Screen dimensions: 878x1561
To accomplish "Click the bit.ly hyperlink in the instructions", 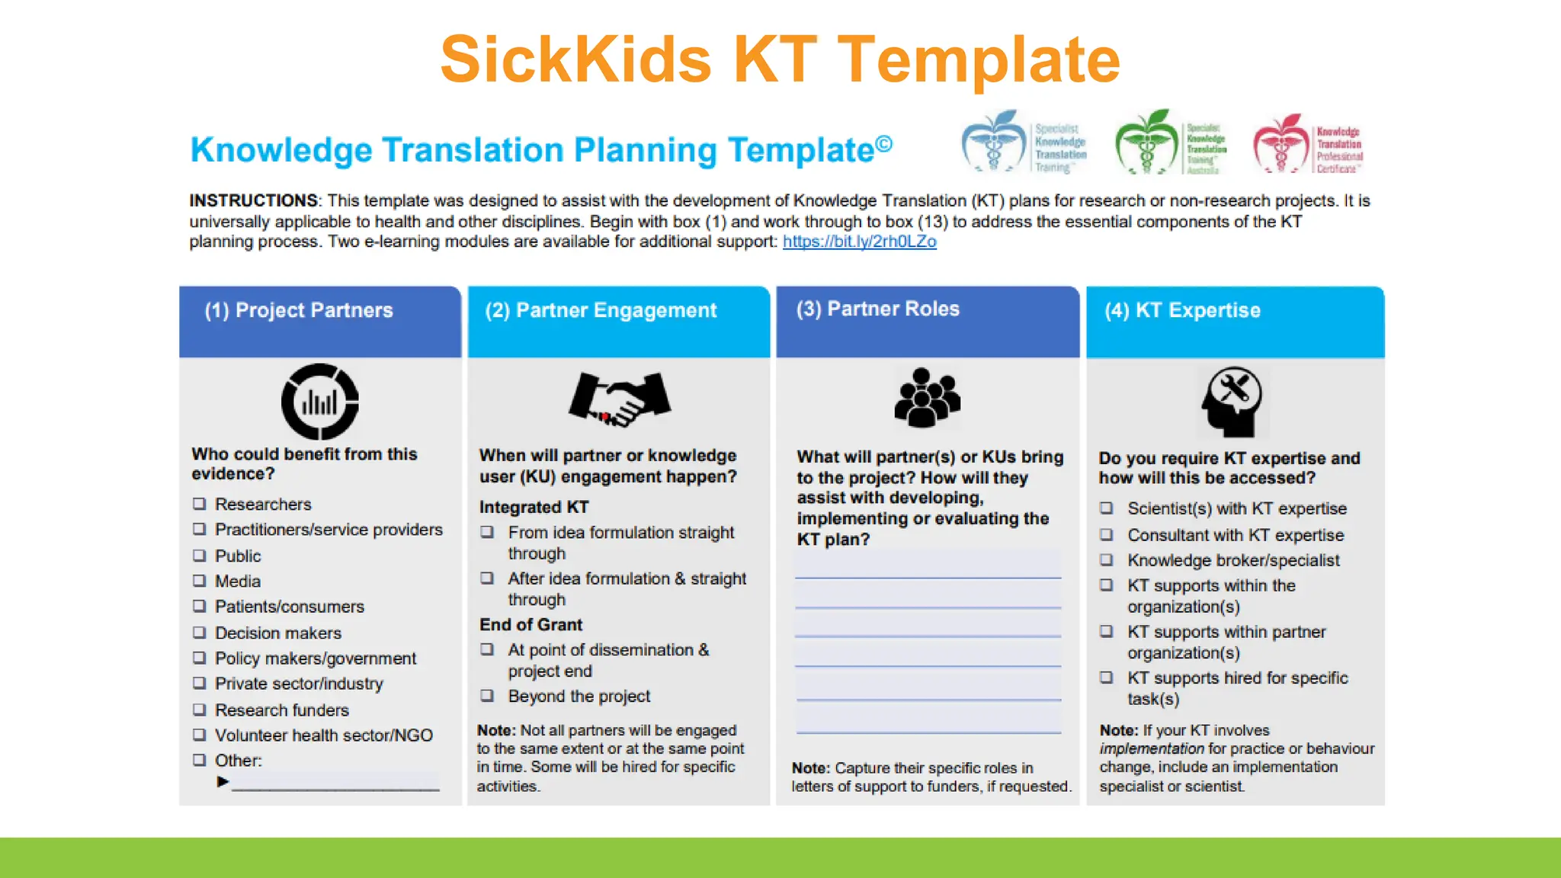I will [x=859, y=242].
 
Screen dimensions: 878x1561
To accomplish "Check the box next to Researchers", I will [x=200, y=504].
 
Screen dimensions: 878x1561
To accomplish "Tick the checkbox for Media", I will [x=200, y=581].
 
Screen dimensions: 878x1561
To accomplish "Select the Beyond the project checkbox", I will [x=487, y=696].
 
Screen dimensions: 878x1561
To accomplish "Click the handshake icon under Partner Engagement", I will [x=619, y=399].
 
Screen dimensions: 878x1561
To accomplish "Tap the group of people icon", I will [x=926, y=398].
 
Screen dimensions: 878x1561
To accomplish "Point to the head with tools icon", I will [x=1231, y=401].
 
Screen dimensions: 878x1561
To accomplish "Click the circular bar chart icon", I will [x=320, y=402].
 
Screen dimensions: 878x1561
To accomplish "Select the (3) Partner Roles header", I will [x=877, y=309].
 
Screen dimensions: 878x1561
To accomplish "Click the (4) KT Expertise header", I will [x=1182, y=311].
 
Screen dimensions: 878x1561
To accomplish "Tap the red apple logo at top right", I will [x=1281, y=144].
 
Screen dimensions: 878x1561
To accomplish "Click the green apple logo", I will [x=1146, y=143].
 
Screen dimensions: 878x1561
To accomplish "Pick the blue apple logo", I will [x=994, y=143].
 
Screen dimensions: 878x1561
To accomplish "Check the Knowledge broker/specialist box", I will [x=1107, y=560].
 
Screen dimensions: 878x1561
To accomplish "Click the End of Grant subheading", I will [x=530, y=625].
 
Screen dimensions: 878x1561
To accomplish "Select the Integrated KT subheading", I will [x=534, y=508].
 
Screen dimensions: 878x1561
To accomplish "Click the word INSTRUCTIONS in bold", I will [x=254, y=200].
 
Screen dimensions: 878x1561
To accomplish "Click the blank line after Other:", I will [x=335, y=783].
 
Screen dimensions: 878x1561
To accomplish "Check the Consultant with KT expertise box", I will [x=1107, y=535].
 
